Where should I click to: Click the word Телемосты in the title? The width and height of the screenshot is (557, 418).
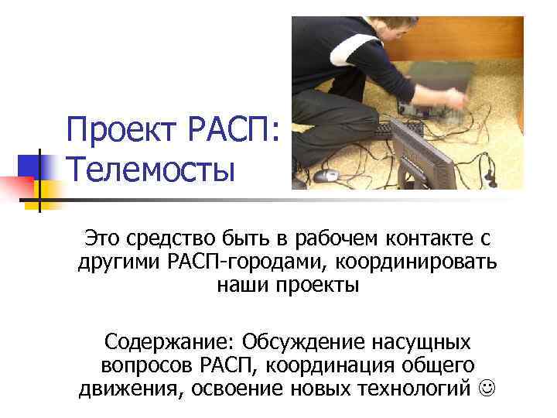[x=150, y=169]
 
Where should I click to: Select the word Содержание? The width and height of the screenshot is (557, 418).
[x=169, y=341]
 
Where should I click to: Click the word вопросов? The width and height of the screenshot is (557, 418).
[x=148, y=365]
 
